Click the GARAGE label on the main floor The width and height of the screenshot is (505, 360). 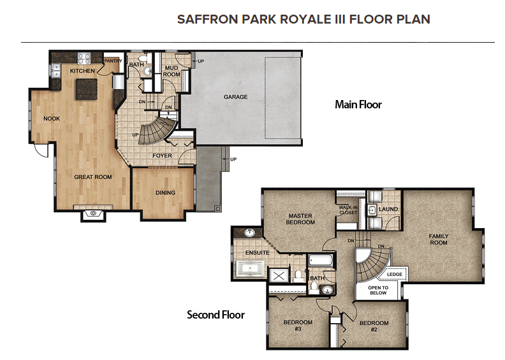(x=235, y=97)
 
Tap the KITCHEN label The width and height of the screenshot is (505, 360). (x=82, y=71)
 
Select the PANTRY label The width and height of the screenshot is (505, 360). (x=113, y=61)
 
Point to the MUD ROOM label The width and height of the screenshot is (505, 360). (x=172, y=71)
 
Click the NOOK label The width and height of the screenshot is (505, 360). (x=52, y=119)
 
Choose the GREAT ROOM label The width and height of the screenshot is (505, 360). (x=93, y=177)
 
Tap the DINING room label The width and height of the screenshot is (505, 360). (x=166, y=193)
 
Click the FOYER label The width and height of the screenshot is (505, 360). (x=162, y=155)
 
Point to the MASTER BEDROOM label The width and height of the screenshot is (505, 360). (x=301, y=219)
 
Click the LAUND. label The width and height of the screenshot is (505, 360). (x=389, y=209)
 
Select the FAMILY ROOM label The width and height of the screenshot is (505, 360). (x=439, y=240)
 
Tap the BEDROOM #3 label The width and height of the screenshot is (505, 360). (x=298, y=326)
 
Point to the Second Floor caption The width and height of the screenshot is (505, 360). (x=216, y=315)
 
